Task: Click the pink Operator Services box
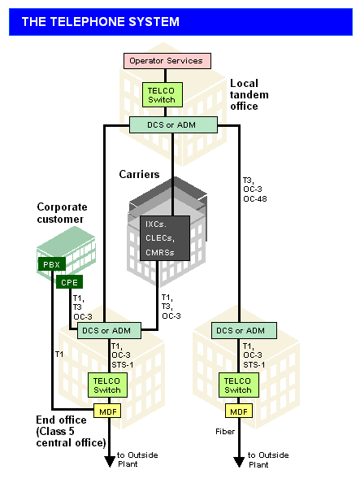tap(167, 61)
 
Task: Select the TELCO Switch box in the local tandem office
tap(163, 95)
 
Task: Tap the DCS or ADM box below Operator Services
tap(173, 124)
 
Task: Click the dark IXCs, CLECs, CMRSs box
tap(165, 238)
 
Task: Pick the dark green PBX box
tap(52, 264)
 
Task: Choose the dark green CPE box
tap(69, 282)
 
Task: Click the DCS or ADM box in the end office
tap(109, 330)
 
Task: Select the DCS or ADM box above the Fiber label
tap(244, 330)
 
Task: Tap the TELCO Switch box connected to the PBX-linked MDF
tap(107, 385)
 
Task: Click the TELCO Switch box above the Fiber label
tap(239, 385)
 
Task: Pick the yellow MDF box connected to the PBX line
tap(107, 411)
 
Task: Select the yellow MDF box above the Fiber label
tap(239, 411)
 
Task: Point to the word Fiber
tap(225, 432)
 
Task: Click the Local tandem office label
tap(249, 94)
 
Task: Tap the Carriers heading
tap(139, 174)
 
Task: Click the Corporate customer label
tap(62, 213)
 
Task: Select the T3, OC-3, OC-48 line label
tap(255, 189)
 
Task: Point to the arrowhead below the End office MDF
tap(110, 461)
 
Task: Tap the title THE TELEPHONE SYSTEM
tap(101, 22)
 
